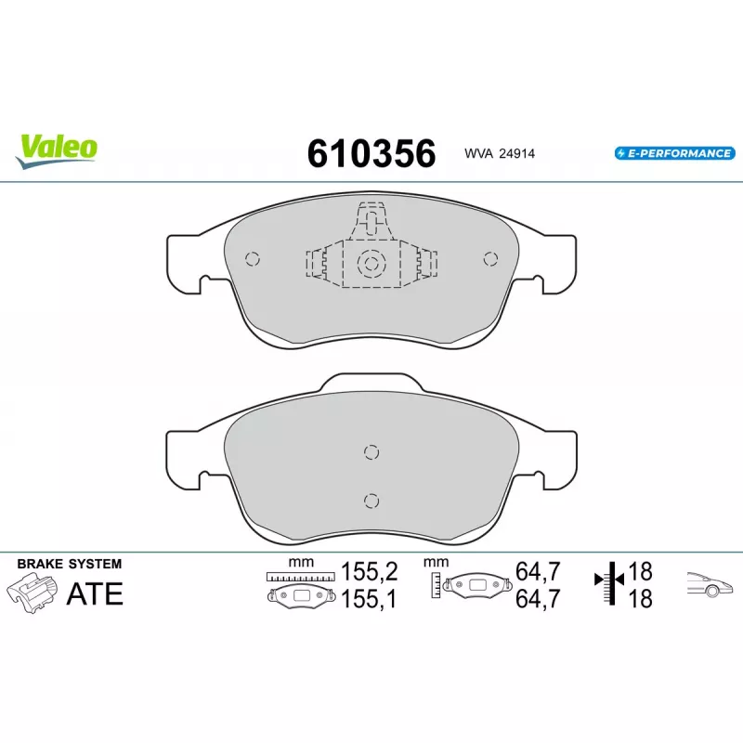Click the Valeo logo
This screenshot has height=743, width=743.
[57, 150]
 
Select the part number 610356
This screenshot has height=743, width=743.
[371, 153]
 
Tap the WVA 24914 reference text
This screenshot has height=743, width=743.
[500, 153]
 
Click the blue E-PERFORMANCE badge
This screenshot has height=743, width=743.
[675, 153]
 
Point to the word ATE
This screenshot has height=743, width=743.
[95, 593]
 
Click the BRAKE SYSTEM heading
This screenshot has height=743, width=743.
[69, 564]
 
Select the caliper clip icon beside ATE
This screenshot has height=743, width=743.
[33, 593]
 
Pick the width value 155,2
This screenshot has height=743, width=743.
[369, 571]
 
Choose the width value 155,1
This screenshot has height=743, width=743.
[369, 599]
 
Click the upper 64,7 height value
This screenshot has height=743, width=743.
[538, 571]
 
